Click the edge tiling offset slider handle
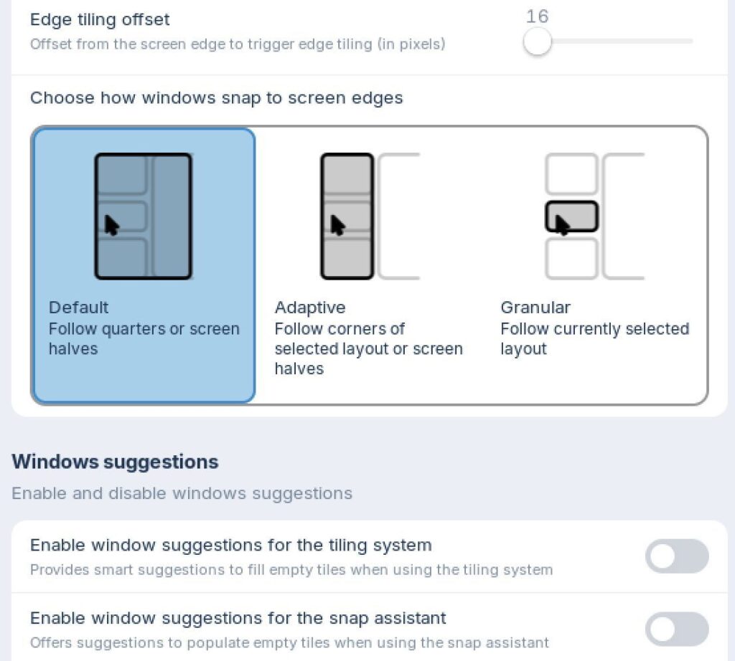[537, 41]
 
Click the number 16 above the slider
[537, 16]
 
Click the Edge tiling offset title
[100, 19]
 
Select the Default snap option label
[79, 308]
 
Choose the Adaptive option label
[310, 308]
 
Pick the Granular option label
[535, 308]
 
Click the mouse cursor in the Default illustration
[111, 225]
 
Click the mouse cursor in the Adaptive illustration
[337, 225]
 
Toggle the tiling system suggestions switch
[677, 556]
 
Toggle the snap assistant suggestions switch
[677, 629]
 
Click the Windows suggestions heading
[116, 462]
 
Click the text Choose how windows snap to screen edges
[217, 98]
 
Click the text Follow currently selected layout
[594, 339]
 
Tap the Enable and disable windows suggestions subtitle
[182, 493]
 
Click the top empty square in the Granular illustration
[572, 173]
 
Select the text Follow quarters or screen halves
[144, 339]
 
